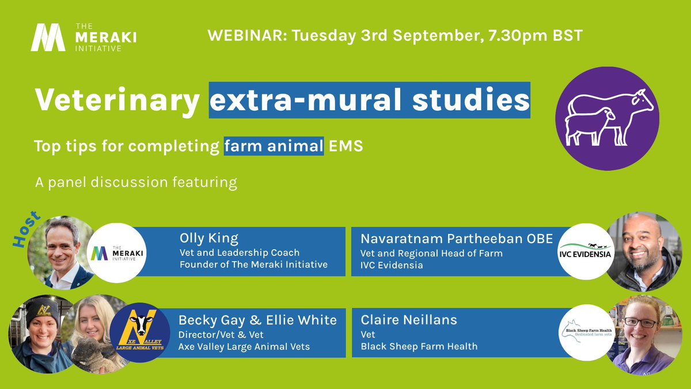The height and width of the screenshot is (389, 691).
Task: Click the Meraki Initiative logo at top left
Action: (83, 37)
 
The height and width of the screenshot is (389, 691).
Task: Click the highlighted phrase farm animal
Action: (274, 146)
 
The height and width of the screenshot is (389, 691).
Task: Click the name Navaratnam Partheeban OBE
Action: (457, 239)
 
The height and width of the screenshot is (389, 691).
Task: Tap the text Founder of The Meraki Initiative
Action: (254, 265)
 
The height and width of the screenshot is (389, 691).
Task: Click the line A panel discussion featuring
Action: (135, 183)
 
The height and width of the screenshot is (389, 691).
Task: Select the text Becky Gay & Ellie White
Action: (257, 320)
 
